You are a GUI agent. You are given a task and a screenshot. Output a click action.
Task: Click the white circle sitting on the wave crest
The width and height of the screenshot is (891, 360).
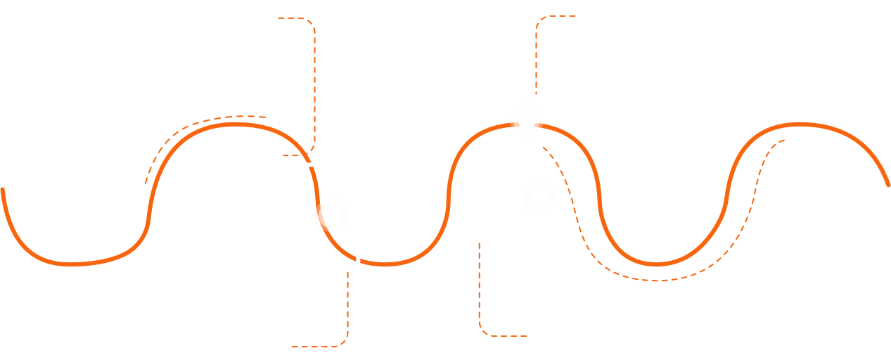pos(526,119)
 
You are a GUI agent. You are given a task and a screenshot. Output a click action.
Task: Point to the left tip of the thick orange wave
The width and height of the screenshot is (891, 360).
pos(3,189)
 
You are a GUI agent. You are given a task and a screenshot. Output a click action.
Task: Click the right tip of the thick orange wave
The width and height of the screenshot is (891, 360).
pos(887,185)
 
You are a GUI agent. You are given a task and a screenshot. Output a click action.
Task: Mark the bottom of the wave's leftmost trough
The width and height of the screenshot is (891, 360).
pos(70,264)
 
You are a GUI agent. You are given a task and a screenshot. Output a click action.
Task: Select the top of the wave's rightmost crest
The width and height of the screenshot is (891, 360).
pos(798,124)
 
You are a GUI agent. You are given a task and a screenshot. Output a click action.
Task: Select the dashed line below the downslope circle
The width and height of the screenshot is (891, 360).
pos(347,309)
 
